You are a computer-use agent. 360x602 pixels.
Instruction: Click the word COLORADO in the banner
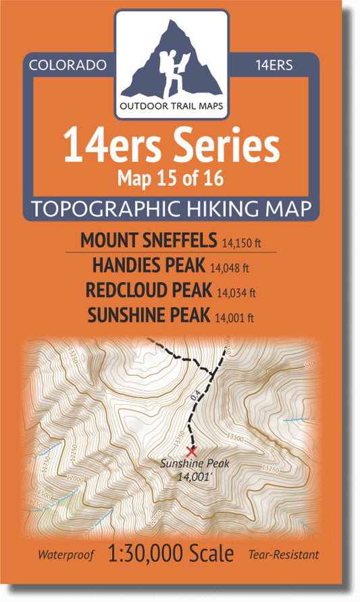point(68,65)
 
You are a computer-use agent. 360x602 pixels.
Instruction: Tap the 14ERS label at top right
point(274,65)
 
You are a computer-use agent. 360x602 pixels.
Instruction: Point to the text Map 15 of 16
point(170,177)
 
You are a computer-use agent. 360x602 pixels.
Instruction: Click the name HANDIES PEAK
point(148,266)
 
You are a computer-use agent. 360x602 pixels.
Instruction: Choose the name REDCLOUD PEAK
point(148,291)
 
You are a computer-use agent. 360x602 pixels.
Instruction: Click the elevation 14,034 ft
point(236,294)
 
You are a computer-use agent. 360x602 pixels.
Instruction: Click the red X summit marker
point(191,450)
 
